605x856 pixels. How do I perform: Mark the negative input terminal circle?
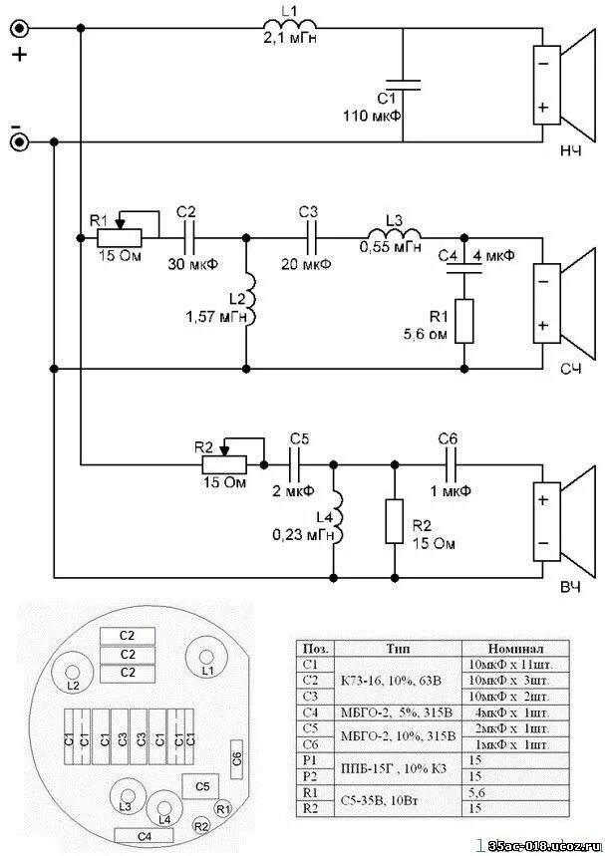click(x=19, y=142)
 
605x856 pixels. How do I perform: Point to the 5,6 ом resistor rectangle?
click(x=463, y=321)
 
